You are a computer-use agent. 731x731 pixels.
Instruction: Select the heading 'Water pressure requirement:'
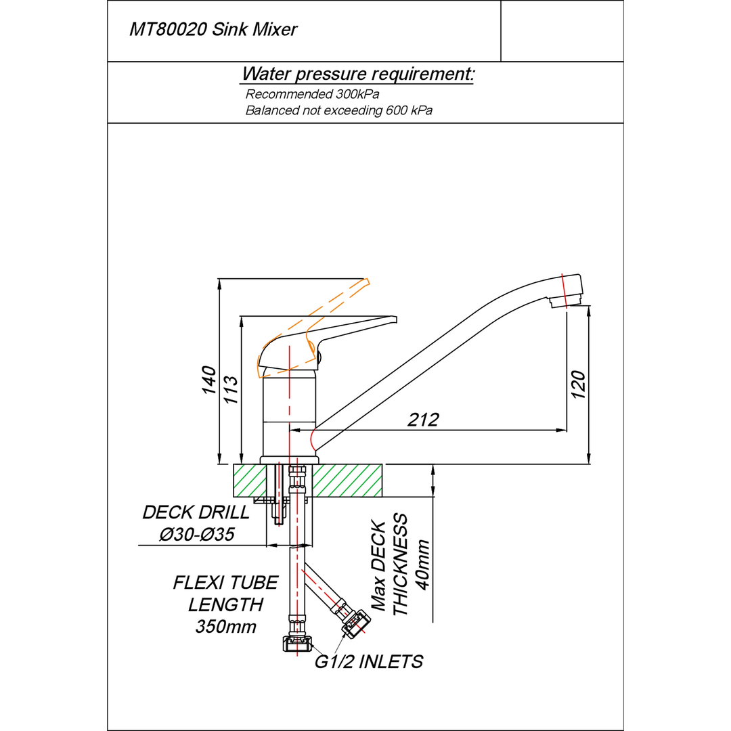coord(358,74)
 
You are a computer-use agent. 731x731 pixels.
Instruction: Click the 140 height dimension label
coord(209,380)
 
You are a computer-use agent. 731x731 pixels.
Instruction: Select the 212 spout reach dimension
coord(424,420)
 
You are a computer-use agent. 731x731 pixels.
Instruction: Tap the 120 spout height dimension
coord(579,384)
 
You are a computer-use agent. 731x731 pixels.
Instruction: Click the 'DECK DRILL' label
coord(196,512)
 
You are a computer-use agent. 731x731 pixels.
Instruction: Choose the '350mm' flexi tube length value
coord(226,627)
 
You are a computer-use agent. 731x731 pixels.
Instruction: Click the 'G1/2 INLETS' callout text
coord(369,661)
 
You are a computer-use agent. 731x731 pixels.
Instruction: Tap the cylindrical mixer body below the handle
coord(289,413)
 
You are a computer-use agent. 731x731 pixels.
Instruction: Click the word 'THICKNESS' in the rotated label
coord(401,565)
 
